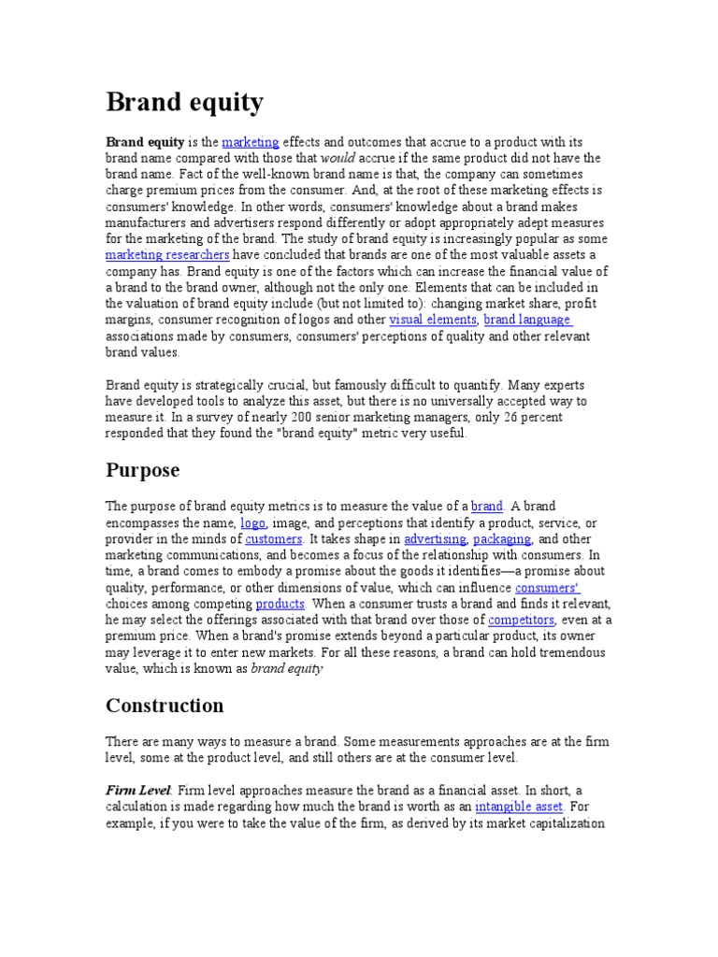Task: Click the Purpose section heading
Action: point(142,469)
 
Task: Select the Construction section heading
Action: point(165,705)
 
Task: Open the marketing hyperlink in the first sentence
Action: point(251,142)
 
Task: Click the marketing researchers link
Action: point(166,254)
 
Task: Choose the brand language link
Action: point(526,320)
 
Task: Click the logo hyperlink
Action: point(252,523)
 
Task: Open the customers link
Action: point(274,539)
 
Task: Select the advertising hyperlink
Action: point(435,539)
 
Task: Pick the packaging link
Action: point(502,539)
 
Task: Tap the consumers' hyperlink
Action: point(548,588)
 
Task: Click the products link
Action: point(280,604)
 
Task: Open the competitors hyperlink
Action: point(522,620)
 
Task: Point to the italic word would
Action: point(337,158)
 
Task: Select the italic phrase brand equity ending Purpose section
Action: point(287,668)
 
